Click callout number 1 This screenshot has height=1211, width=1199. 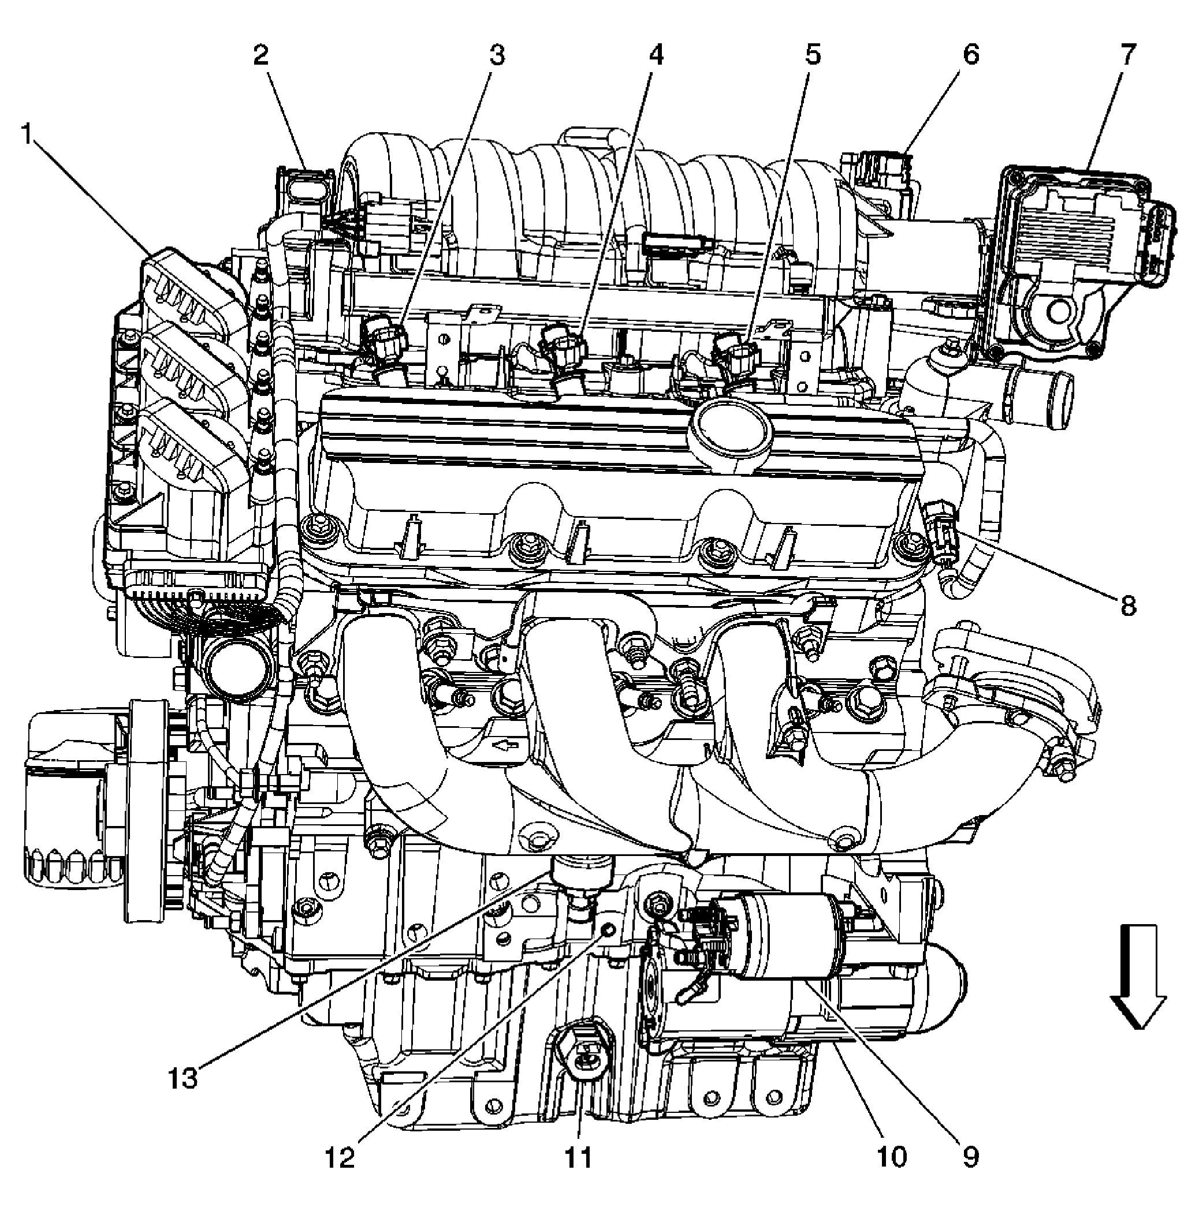click(26, 133)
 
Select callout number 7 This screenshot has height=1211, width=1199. click(1127, 55)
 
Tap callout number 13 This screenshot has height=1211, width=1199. click(183, 1078)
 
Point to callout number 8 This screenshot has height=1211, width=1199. click(1127, 605)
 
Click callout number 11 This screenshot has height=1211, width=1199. click(578, 1157)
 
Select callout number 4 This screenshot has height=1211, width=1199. click(655, 55)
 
